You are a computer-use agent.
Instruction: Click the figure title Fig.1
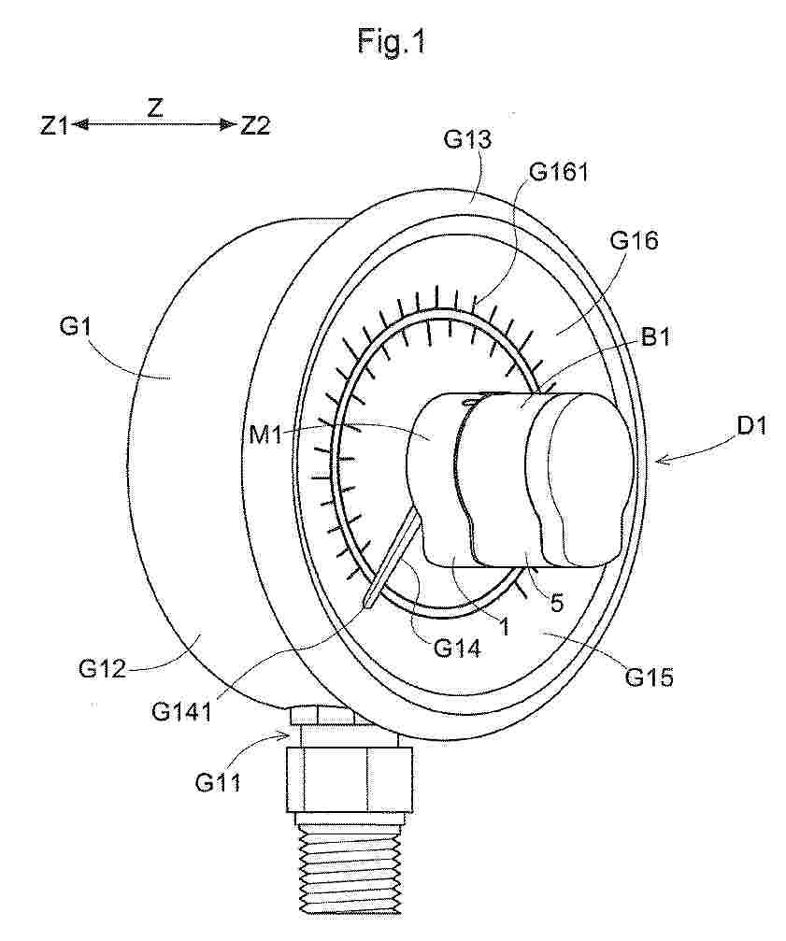[392, 41]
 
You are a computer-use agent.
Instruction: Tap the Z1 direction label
[54, 126]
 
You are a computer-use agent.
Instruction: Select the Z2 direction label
[255, 126]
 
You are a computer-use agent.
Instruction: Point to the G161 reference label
[559, 172]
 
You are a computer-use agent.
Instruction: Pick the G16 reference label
[635, 241]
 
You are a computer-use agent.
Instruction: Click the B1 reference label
[655, 337]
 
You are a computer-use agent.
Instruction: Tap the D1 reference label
[751, 427]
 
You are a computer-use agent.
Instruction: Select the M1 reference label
[265, 435]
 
